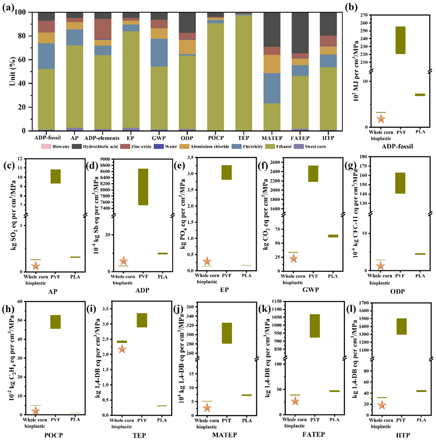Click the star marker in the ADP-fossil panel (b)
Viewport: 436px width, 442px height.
(x=380, y=119)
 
